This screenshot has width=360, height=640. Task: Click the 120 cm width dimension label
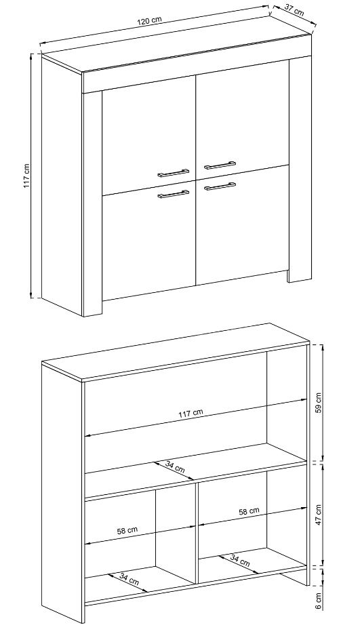click(149, 21)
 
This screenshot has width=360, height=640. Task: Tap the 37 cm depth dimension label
click(294, 11)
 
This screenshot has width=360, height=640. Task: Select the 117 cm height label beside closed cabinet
click(26, 176)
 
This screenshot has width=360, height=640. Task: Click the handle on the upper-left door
click(174, 172)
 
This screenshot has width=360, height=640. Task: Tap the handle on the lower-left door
click(174, 195)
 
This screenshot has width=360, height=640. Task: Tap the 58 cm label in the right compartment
click(249, 511)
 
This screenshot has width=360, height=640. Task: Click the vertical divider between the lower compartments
click(197, 536)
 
